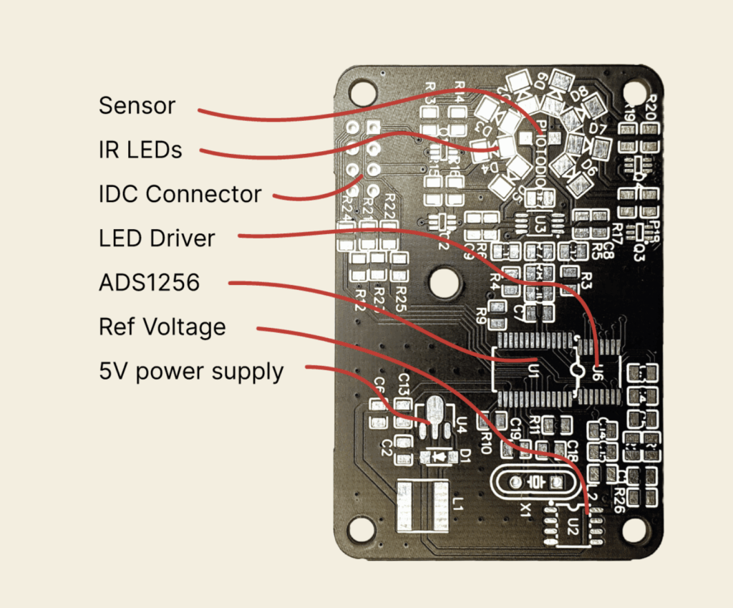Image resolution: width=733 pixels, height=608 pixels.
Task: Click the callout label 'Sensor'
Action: (x=137, y=106)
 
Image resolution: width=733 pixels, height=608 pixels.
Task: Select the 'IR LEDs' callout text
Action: (x=140, y=150)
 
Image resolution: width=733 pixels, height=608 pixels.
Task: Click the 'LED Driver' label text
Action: (x=157, y=238)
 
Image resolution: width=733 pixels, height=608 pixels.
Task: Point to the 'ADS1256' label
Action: (x=150, y=282)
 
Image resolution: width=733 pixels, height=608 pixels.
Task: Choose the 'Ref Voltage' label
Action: (x=162, y=327)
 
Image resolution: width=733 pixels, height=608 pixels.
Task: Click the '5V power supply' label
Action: (x=191, y=372)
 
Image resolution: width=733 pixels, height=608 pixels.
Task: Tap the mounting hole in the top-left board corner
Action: (x=362, y=91)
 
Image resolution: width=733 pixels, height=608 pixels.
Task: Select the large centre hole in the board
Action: (x=445, y=281)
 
